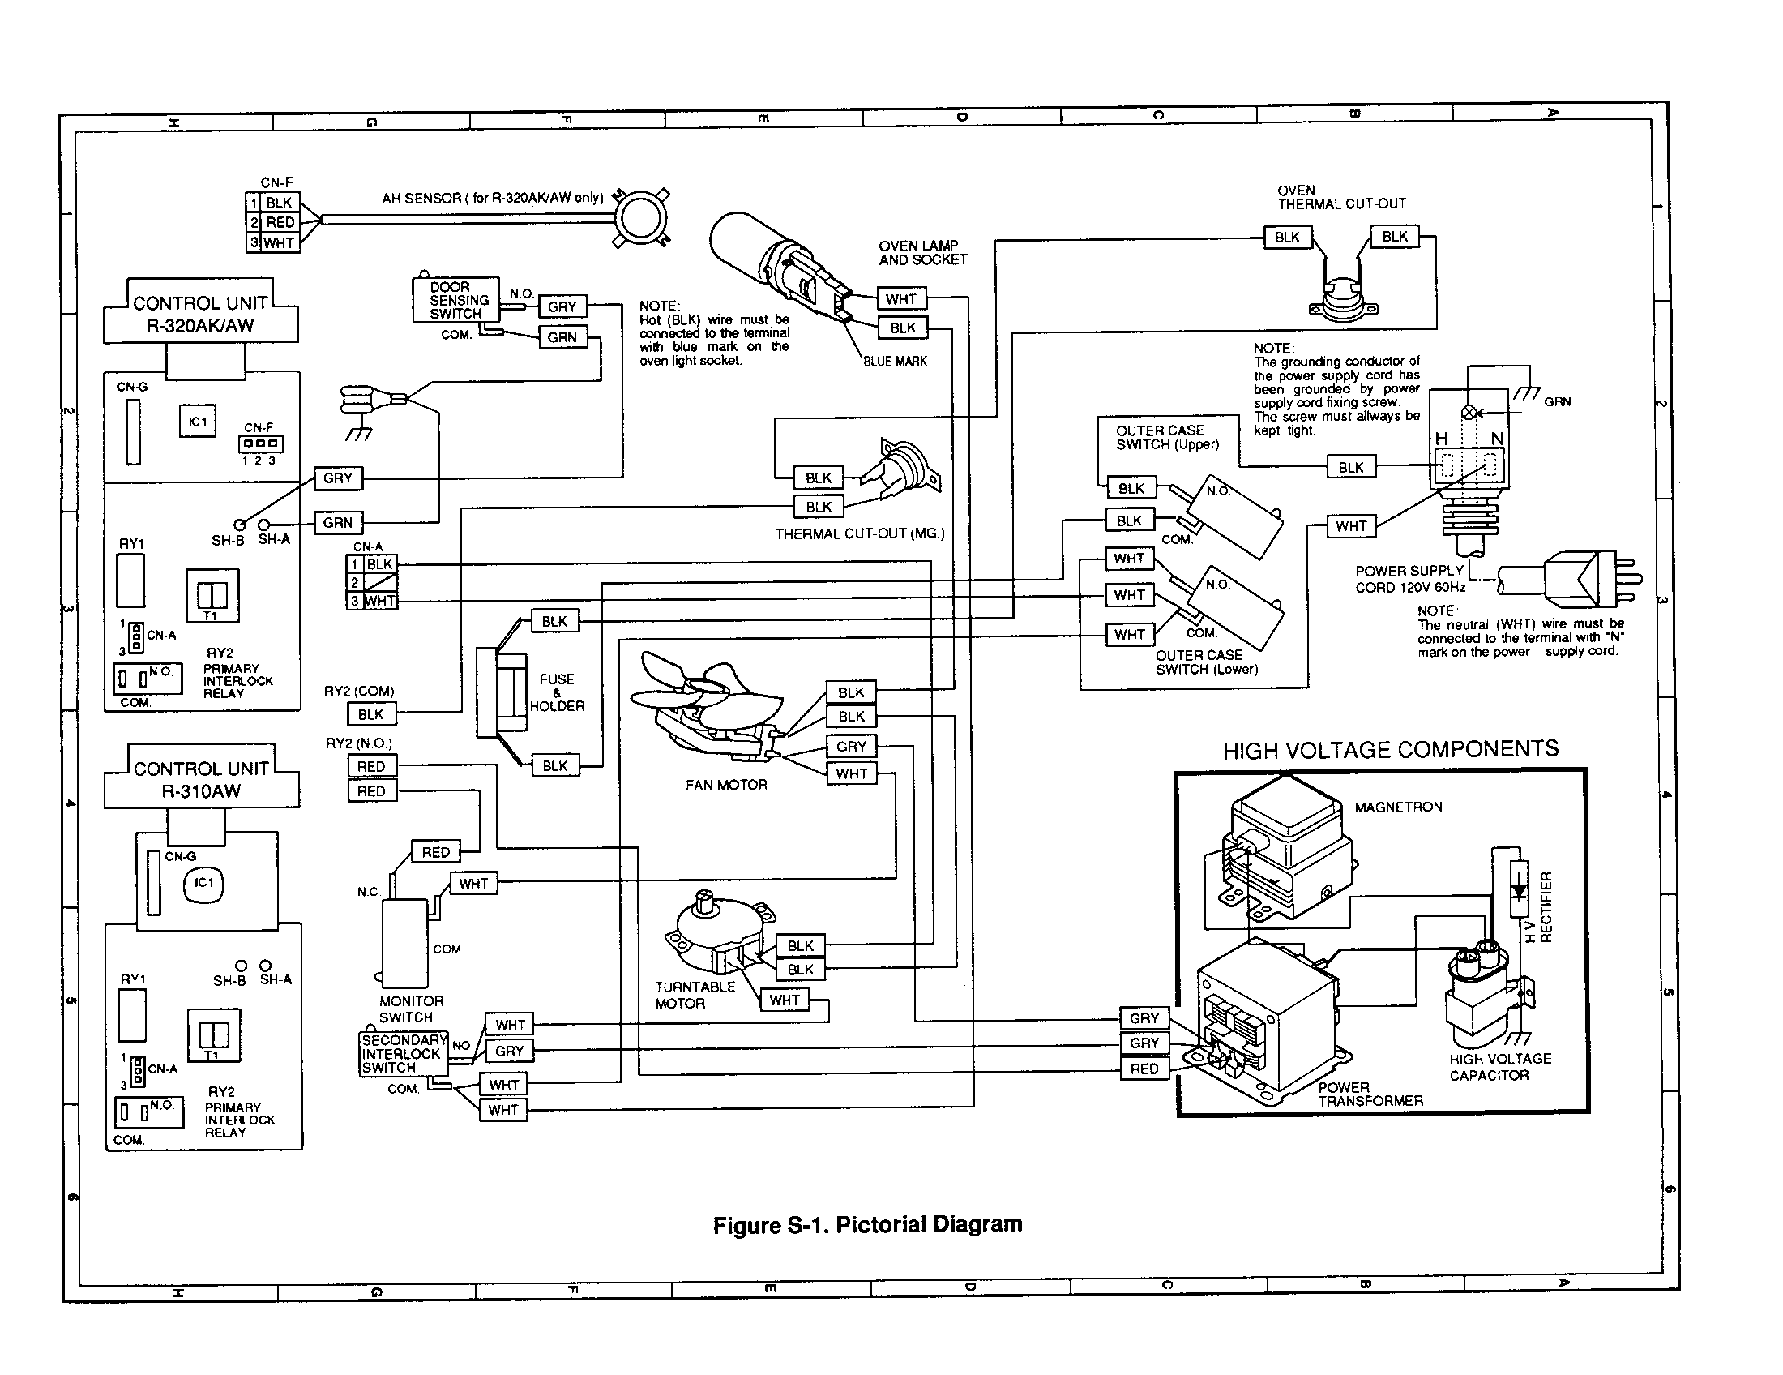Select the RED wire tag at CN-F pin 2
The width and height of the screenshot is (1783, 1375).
coord(280,222)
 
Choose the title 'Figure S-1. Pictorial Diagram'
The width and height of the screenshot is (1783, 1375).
coord(867,1225)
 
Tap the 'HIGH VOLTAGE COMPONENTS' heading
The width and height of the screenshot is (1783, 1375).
coord(1390,750)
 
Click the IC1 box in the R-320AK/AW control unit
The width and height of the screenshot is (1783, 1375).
coord(198,422)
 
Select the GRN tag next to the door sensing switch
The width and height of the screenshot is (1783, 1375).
coord(562,337)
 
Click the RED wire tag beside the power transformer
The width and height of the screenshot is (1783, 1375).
coord(1144,1069)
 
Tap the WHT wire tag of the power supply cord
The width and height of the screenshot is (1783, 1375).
coord(1351,527)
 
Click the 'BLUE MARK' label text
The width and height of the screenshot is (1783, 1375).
coord(895,362)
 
